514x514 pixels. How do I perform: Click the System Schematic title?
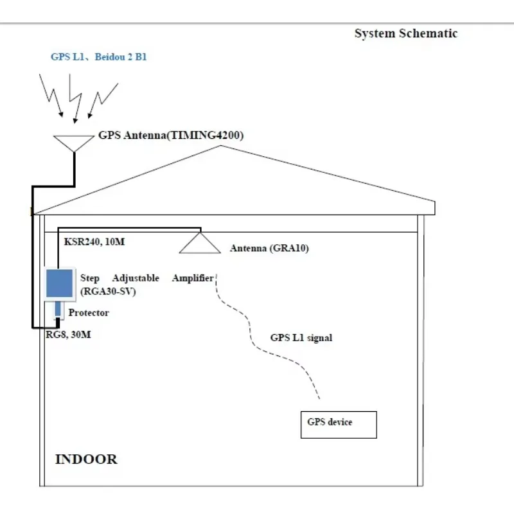pos(405,33)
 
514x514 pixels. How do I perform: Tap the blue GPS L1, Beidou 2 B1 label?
pos(99,57)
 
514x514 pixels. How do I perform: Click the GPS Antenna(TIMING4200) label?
pos(171,136)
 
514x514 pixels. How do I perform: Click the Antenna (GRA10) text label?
pos(269,248)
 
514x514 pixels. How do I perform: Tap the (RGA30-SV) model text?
pos(108,292)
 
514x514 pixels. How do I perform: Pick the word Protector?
pos(89,313)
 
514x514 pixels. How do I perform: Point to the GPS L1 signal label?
pos(301,337)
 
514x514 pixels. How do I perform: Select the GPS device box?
pos(339,424)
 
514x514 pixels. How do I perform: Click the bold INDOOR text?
pos(86,459)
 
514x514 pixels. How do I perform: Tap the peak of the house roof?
pos(222,146)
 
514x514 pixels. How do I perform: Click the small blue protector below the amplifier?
pos(58,310)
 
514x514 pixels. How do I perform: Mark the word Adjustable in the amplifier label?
pos(136,278)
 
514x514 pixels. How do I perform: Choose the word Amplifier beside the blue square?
pos(192,278)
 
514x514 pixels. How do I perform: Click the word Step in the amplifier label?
pos(91,278)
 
